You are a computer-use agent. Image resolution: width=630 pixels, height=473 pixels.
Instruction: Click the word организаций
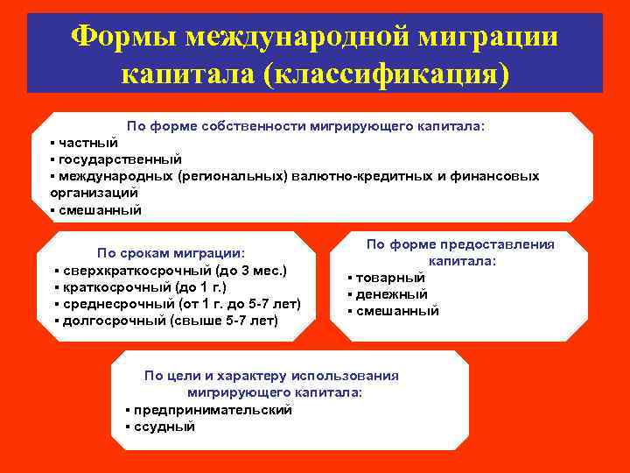tap(94, 193)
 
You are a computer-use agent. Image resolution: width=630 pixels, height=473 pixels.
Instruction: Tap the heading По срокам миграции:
tap(171, 253)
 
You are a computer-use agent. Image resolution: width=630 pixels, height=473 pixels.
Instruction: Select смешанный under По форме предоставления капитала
tap(397, 311)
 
